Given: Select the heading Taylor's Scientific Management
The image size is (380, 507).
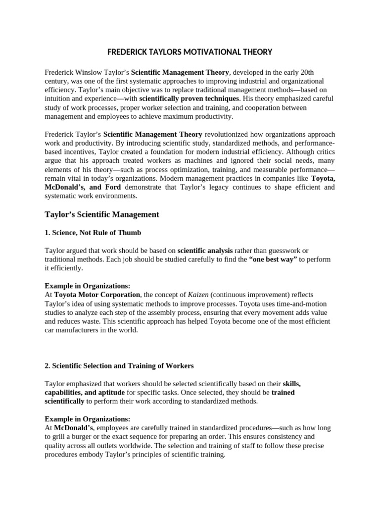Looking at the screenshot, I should [x=102, y=214].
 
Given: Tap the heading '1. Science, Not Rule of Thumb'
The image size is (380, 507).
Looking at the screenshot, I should [x=93, y=233].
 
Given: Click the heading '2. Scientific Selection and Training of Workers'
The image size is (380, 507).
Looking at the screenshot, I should [x=119, y=366].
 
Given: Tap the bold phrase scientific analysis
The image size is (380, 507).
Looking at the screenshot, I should [x=205, y=251].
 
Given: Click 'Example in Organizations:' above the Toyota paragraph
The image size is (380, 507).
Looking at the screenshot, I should [x=88, y=286].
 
